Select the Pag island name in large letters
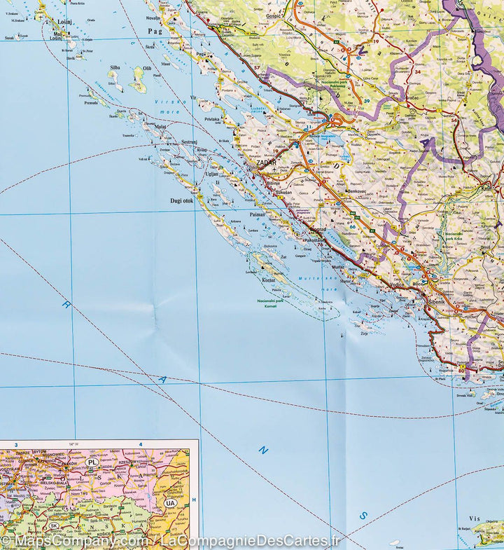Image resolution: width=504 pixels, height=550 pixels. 154,32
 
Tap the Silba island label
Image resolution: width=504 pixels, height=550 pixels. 114,68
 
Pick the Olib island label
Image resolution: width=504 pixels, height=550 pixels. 146,69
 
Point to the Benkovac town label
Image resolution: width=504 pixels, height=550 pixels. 357,191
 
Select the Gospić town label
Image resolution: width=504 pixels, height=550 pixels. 272,15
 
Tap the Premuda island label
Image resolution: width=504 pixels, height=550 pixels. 91,102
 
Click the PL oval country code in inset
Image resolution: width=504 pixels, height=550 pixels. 92,462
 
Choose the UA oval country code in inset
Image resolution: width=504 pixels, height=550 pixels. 170,502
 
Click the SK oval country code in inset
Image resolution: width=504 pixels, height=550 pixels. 53,525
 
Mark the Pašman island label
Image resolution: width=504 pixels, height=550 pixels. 256,216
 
